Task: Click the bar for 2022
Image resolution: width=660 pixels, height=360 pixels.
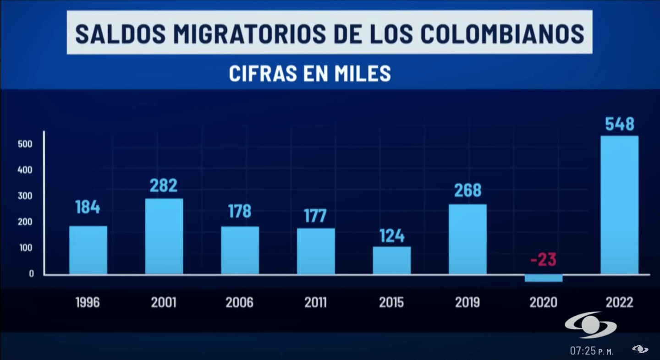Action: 619,205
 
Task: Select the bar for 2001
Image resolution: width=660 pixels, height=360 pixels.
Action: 164,236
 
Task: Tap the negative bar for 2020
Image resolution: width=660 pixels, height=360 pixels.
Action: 544,278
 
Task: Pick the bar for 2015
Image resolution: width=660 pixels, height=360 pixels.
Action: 391,260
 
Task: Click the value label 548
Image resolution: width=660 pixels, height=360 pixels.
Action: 619,125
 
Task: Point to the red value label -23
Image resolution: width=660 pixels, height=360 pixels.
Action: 543,260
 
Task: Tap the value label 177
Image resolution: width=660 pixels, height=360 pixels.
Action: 315,215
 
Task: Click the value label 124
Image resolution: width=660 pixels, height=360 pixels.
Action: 391,236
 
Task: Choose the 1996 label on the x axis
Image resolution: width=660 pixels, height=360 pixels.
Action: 88,303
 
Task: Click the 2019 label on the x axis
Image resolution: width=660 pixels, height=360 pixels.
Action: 467,303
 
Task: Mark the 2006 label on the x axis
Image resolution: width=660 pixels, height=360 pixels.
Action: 240,303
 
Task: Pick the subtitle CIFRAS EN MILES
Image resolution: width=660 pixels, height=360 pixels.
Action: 310,74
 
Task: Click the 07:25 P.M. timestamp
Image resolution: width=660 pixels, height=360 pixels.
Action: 592,351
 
